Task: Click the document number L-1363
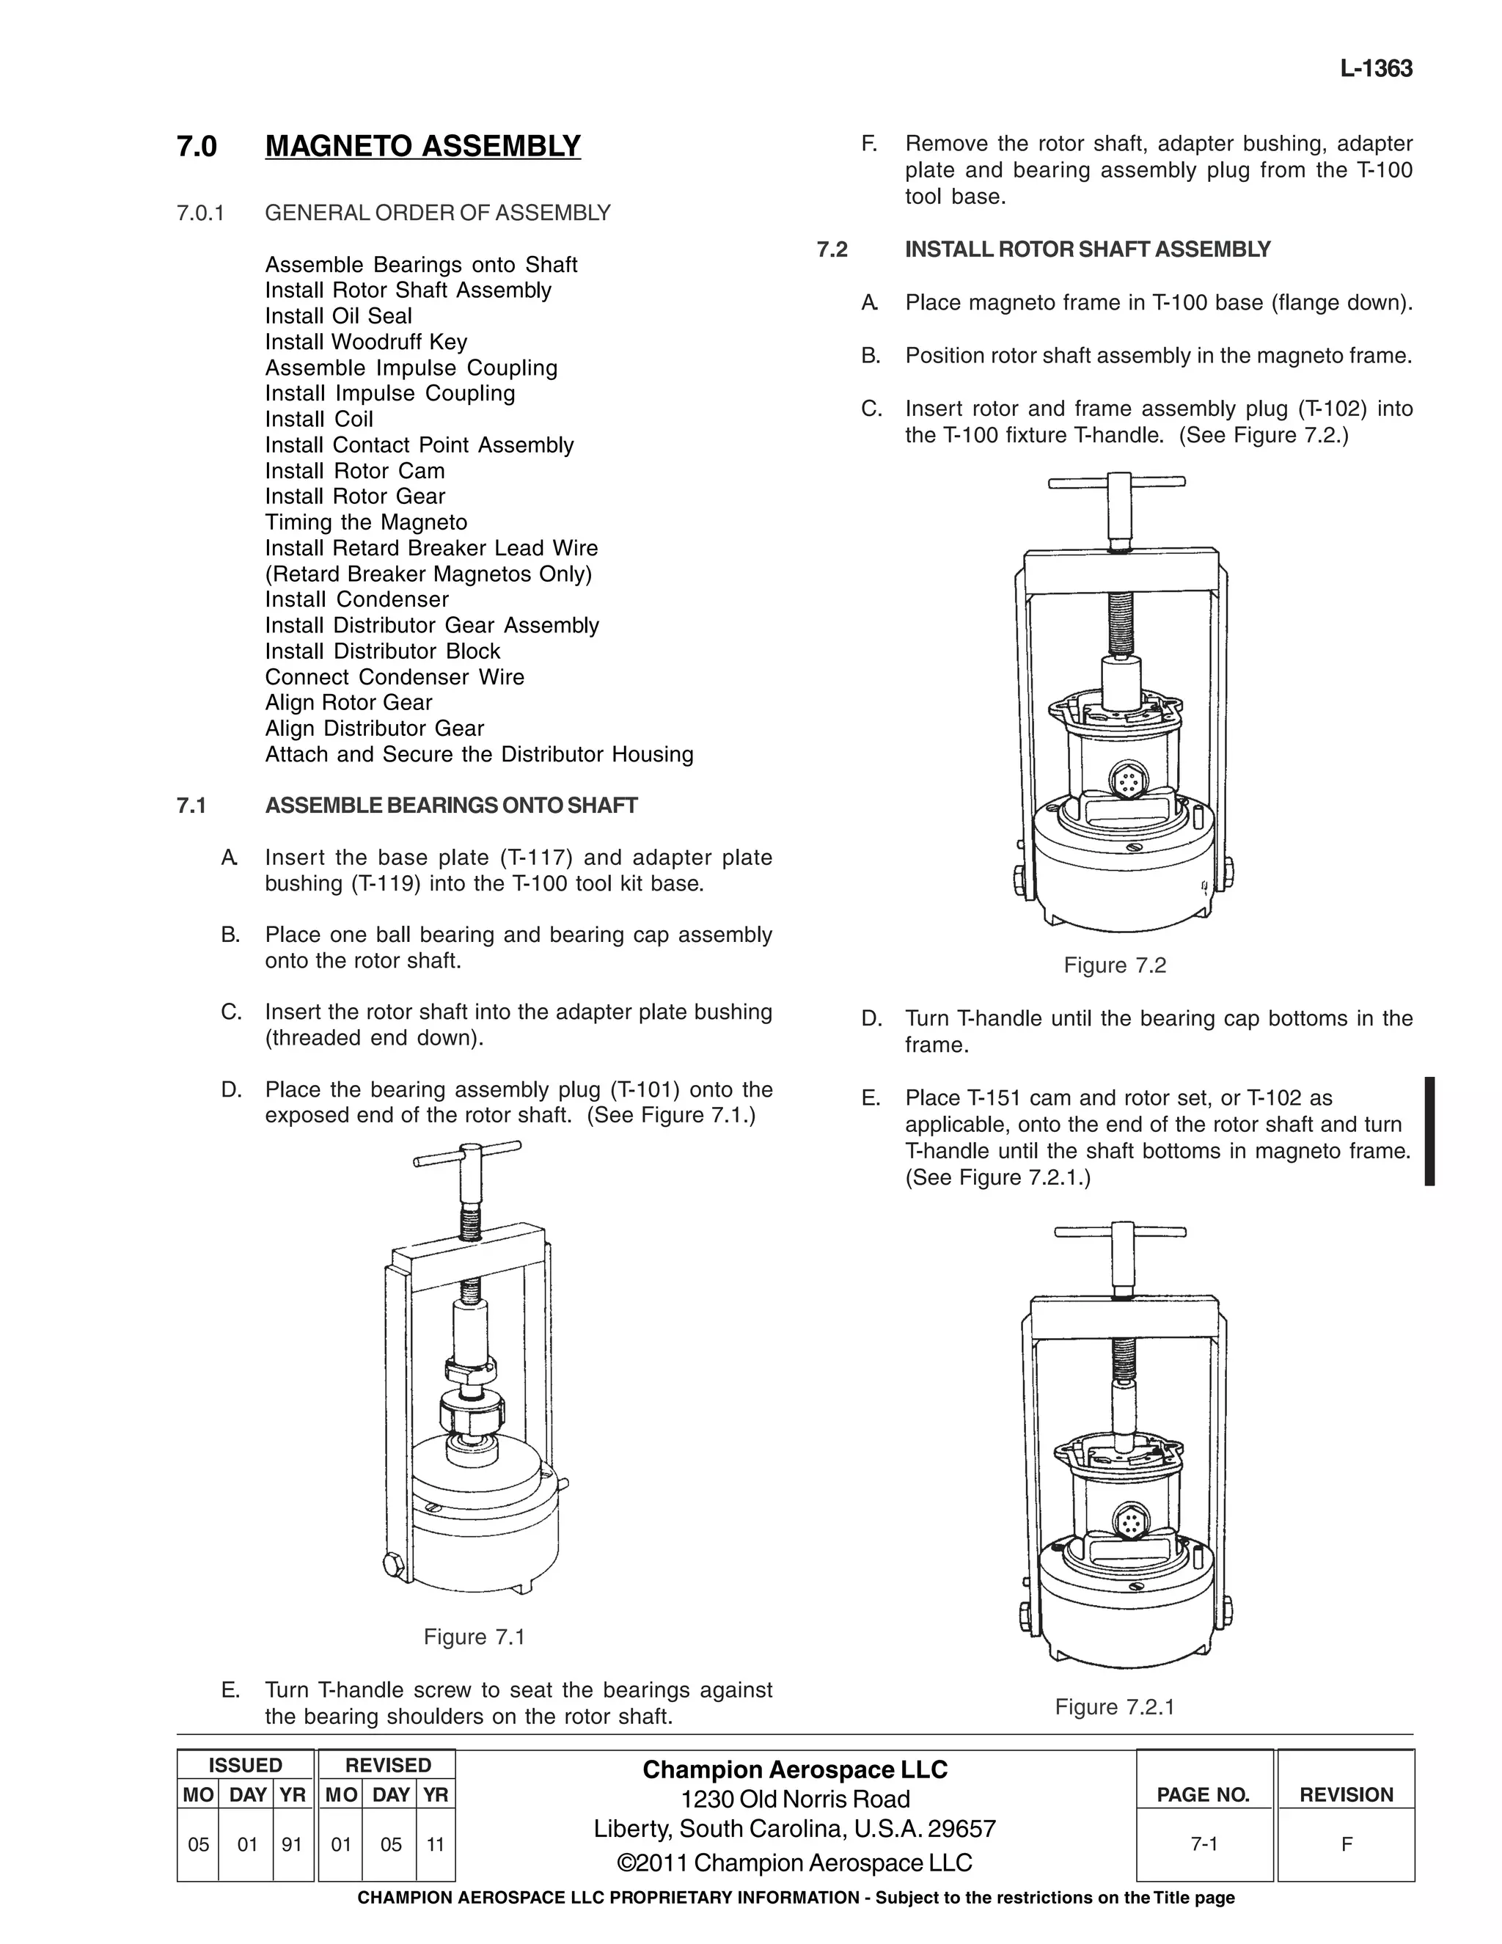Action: [1376, 68]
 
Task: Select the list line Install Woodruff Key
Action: [366, 342]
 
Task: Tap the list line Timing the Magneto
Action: [366, 522]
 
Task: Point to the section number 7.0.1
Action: [200, 213]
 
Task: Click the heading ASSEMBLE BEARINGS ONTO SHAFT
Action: [451, 805]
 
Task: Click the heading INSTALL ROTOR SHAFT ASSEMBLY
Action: [1088, 249]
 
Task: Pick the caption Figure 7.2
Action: [1114, 966]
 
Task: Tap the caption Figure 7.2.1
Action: [1114, 1706]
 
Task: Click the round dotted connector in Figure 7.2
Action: [1127, 783]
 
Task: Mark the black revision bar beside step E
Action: [1429, 1130]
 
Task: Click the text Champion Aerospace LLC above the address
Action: [794, 1769]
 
